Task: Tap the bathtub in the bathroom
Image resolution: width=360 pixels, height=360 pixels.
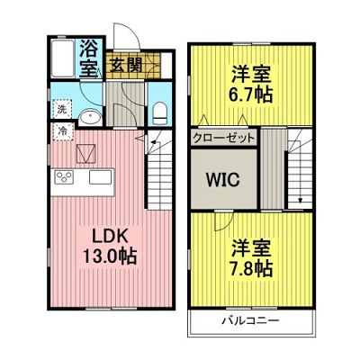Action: (x=63, y=58)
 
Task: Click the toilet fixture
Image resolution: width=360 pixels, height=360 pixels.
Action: (x=159, y=113)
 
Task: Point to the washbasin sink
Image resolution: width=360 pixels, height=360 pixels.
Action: (x=90, y=117)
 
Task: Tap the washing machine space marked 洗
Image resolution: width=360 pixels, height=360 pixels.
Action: (x=62, y=109)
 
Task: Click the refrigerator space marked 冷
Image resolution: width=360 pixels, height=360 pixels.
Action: (x=63, y=131)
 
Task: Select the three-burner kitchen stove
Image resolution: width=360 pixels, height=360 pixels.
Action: (x=64, y=176)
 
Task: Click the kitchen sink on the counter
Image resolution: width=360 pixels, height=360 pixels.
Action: (x=101, y=177)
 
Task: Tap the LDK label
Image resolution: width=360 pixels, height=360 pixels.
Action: (x=110, y=237)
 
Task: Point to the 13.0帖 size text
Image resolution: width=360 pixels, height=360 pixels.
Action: (x=110, y=256)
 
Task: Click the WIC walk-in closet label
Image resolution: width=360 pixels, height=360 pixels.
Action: (x=222, y=179)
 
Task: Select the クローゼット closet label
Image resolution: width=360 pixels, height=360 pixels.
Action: (x=224, y=139)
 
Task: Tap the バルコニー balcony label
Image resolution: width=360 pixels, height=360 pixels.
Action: (x=250, y=321)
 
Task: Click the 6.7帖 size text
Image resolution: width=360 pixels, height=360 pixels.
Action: (x=251, y=94)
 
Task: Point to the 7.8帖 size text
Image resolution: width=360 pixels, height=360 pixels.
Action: (x=251, y=268)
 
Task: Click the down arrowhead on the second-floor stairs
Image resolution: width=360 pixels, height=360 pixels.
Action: (x=300, y=201)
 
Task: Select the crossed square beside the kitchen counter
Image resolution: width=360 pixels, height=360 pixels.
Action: (x=86, y=154)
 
